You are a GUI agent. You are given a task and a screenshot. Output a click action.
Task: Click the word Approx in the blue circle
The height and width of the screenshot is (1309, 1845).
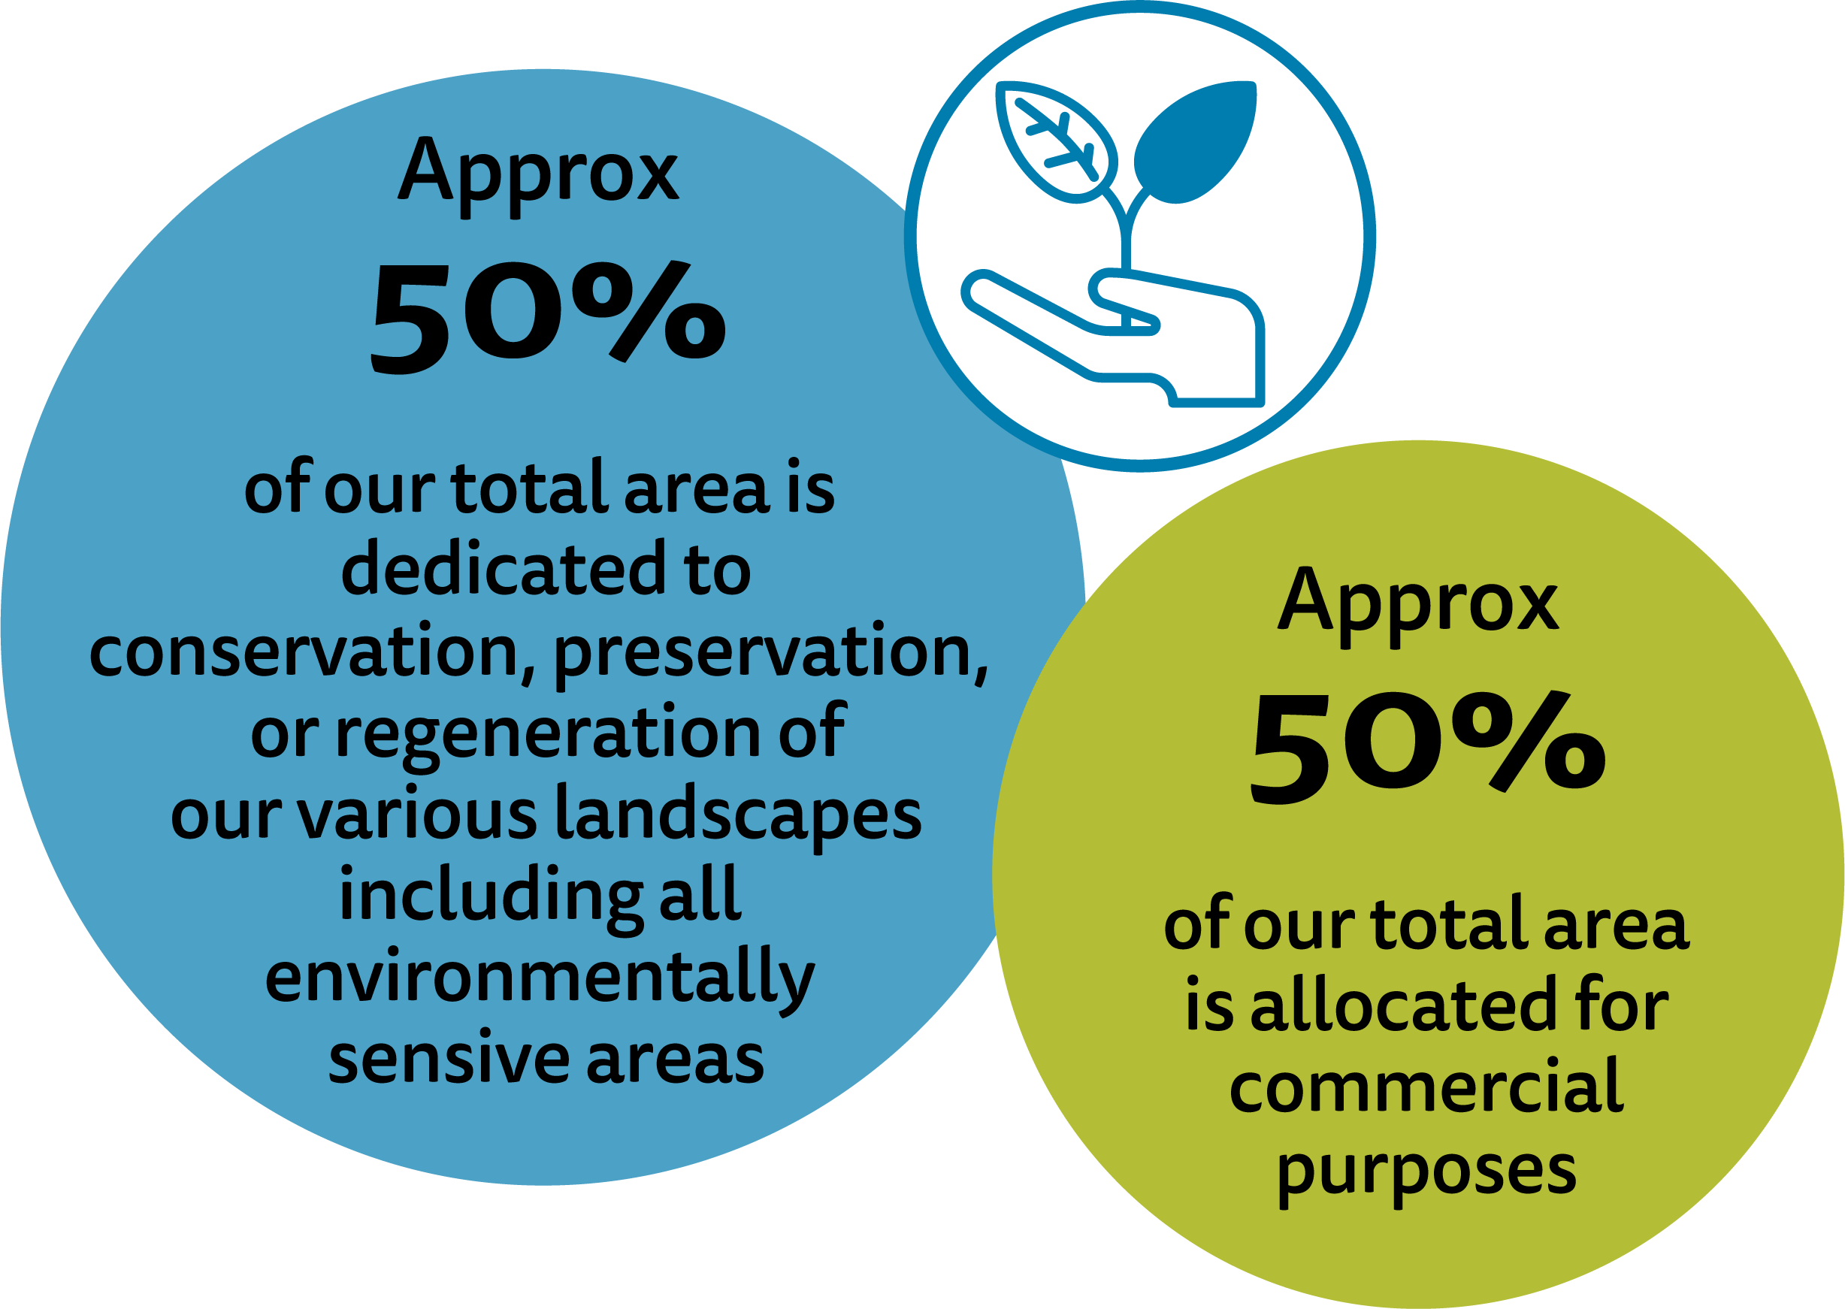tap(538, 177)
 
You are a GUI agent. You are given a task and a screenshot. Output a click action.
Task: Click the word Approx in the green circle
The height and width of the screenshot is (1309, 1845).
tap(1418, 606)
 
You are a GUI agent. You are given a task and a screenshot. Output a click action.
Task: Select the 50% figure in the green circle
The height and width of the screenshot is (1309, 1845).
tap(1429, 747)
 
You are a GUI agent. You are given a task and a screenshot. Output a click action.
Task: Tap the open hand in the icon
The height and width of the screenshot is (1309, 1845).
tap(1113, 337)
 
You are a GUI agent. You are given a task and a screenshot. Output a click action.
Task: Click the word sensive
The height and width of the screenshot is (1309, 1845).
tap(449, 1059)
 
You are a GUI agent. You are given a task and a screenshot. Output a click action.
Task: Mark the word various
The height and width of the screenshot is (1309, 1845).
tap(416, 816)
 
